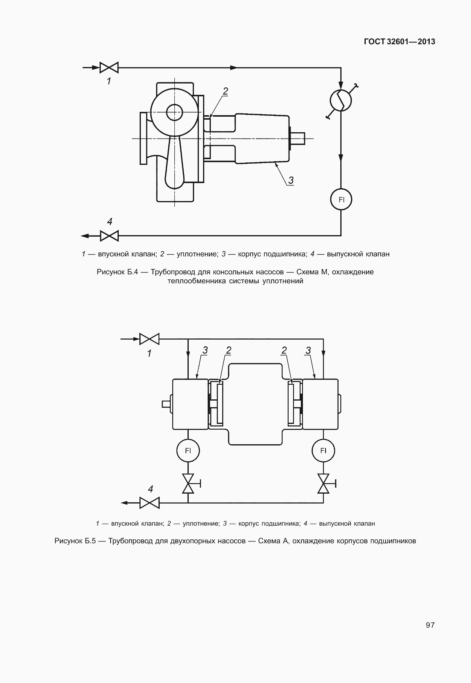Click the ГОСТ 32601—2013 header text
[400, 42]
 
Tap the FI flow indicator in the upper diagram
[341, 200]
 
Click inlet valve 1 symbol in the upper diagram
[109, 68]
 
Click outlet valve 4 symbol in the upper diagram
[109, 236]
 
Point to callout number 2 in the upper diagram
[225, 91]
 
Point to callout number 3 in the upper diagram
[291, 180]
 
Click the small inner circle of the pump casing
[174, 112]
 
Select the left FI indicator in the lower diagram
[188, 451]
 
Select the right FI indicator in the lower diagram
[323, 451]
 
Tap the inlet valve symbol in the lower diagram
[150, 339]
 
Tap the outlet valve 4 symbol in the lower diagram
[150, 503]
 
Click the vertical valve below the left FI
[188, 483]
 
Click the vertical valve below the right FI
[323, 483]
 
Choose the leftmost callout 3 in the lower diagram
[205, 350]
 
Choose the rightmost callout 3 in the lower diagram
[308, 350]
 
